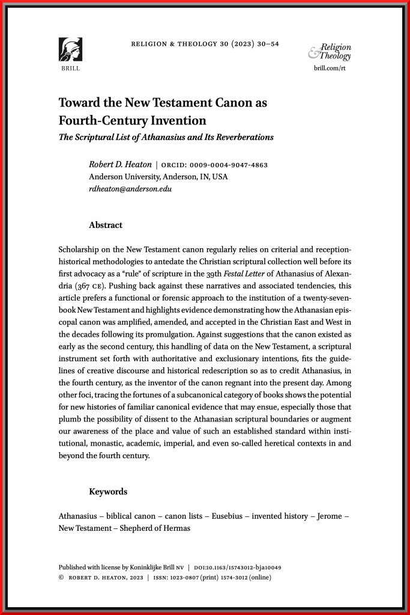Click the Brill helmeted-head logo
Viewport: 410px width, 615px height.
tap(70, 49)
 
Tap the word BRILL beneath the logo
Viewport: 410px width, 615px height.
tap(70, 69)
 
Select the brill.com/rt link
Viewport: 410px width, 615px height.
tap(330, 69)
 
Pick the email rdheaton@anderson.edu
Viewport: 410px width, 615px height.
tap(130, 189)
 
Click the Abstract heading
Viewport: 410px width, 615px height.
tap(106, 225)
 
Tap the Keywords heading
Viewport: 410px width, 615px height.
tap(108, 491)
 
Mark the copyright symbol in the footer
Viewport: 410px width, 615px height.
tap(61, 578)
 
